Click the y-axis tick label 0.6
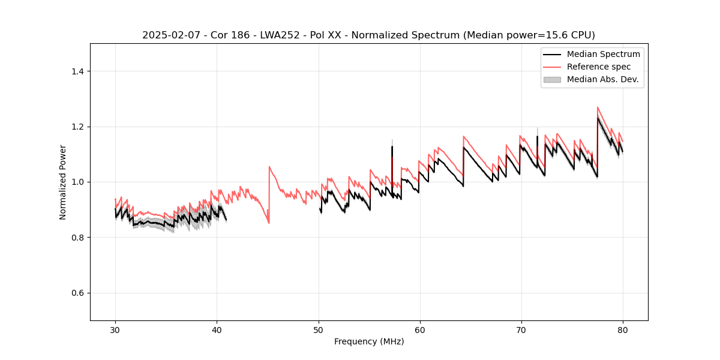[x=77, y=293]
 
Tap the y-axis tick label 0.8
[x=77, y=238]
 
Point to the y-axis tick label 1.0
[x=77, y=182]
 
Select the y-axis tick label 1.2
[x=77, y=127]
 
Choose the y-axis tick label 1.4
[x=77, y=71]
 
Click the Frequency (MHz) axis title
[x=369, y=341]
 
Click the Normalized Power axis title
[x=63, y=182]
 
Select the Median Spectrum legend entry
[x=603, y=54]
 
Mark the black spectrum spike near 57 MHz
[x=392, y=147]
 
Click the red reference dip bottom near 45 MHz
[x=269, y=223]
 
